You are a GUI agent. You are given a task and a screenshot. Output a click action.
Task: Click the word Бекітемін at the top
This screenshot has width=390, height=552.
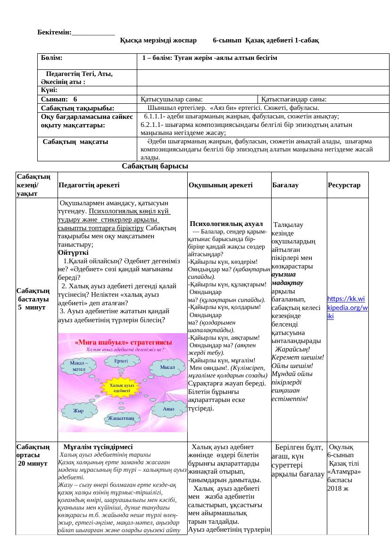tap(54, 32)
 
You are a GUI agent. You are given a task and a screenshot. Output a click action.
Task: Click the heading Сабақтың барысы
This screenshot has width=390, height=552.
tap(155, 166)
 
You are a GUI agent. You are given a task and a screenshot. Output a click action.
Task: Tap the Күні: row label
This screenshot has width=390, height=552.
tap(49, 90)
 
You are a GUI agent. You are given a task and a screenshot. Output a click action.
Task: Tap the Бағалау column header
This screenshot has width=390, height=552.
tap(284, 185)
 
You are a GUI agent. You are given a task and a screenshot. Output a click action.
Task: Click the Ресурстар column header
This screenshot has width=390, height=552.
tap(344, 185)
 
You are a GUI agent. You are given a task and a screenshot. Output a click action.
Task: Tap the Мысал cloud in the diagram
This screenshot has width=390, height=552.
tap(167, 368)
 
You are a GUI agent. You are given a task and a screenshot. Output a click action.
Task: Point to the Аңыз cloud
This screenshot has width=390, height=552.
tap(168, 409)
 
